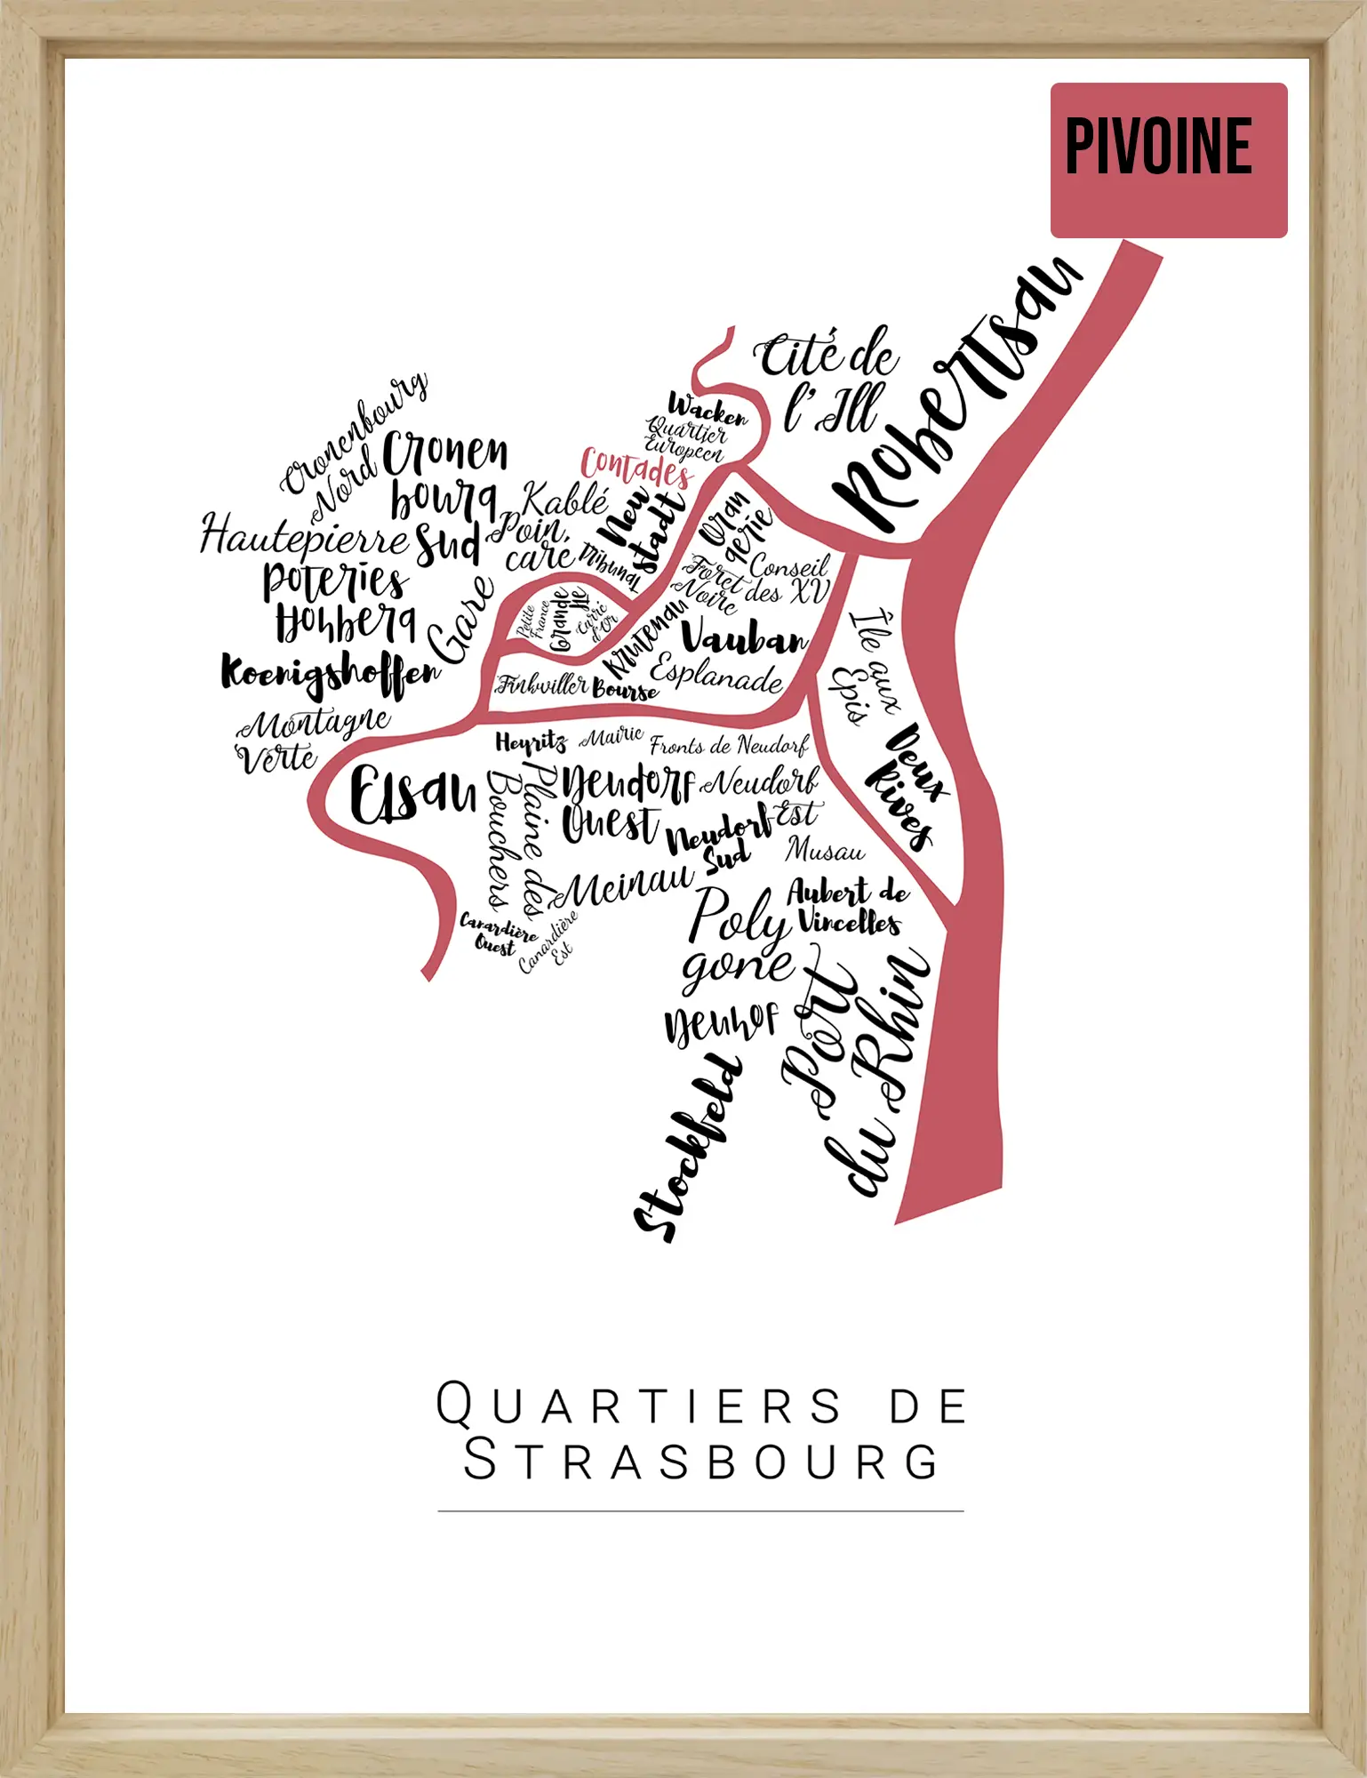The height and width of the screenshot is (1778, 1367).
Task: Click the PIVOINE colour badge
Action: (1168, 160)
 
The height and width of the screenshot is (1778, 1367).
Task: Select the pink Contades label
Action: (636, 468)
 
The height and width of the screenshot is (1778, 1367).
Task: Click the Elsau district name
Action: (412, 793)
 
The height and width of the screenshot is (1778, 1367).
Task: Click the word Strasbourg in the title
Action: (700, 1462)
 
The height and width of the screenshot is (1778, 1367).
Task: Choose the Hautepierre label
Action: (302, 537)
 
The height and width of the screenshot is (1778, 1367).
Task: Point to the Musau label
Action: (824, 851)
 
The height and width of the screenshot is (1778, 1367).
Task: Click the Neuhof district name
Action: (721, 1023)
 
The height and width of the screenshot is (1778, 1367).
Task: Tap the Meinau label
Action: (628, 885)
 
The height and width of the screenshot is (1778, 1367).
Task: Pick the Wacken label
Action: (707, 410)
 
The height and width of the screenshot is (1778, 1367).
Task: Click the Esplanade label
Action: (716, 675)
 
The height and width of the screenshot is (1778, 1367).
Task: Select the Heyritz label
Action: (531, 743)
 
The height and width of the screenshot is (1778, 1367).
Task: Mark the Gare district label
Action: (460, 619)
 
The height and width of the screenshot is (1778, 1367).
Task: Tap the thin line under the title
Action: (700, 1510)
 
